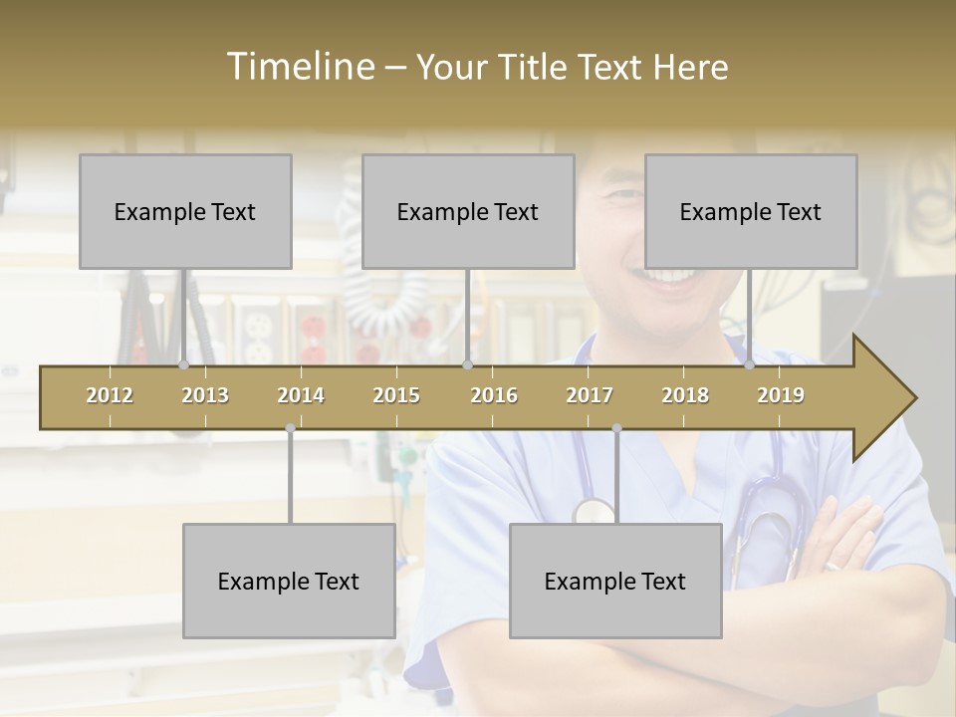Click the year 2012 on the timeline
pyautogui.click(x=110, y=395)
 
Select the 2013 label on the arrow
pyautogui.click(x=205, y=395)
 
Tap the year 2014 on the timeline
pyautogui.click(x=301, y=395)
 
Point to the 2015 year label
pyautogui.click(x=396, y=395)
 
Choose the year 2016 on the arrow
pyautogui.click(x=494, y=395)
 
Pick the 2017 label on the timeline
pyautogui.click(x=590, y=395)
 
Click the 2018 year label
pyautogui.click(x=685, y=395)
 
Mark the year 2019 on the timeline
pyautogui.click(x=781, y=395)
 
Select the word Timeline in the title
pyautogui.click(x=298, y=67)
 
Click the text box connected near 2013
pyautogui.click(x=185, y=211)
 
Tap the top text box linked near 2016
pyautogui.click(x=468, y=211)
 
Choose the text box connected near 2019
pyautogui.click(x=751, y=211)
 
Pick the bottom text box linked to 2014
pyautogui.click(x=289, y=581)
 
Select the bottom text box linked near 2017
pyautogui.click(x=615, y=581)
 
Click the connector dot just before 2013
pyautogui.click(x=184, y=365)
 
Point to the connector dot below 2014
pyautogui.click(x=290, y=428)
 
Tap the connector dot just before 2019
pyautogui.click(x=750, y=365)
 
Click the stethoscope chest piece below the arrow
pyautogui.click(x=595, y=511)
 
